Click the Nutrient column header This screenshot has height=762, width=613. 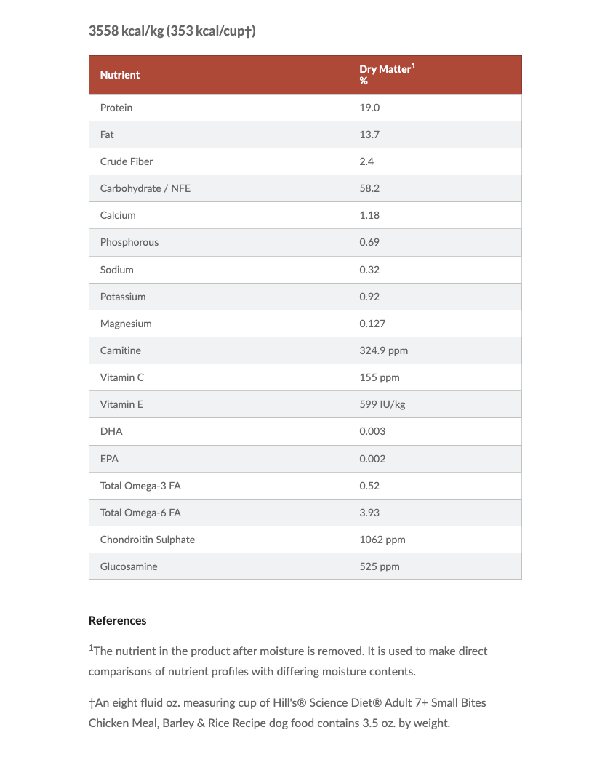[120, 75]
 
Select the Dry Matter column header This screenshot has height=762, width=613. [388, 74]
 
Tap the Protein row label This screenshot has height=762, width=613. [116, 108]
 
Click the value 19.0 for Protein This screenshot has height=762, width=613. [369, 108]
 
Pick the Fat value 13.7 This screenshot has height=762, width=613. [369, 135]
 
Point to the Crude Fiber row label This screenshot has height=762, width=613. [127, 161]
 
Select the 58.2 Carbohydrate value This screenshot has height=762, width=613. [369, 188]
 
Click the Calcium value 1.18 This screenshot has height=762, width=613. [369, 215]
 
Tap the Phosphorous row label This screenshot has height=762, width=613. [129, 242]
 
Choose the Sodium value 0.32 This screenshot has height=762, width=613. [369, 270]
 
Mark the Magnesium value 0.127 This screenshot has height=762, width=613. [372, 324]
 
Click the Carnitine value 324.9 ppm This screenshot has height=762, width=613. [383, 350]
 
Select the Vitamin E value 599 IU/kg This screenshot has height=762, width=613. [382, 404]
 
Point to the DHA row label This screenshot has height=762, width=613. [111, 431]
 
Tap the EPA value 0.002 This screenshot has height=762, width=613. [372, 459]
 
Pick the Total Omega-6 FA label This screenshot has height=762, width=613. [140, 513]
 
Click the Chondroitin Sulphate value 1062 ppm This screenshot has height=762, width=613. [382, 540]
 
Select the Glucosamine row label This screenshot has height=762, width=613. [129, 566]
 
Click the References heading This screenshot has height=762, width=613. [118, 620]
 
